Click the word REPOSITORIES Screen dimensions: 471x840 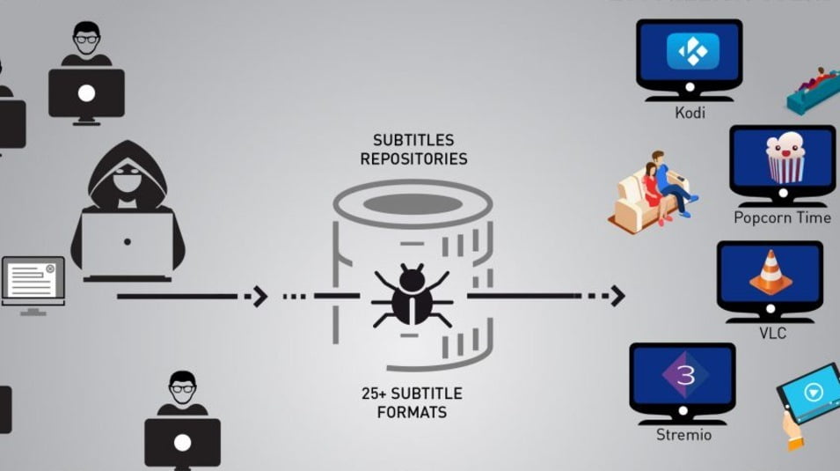pyautogui.click(x=413, y=159)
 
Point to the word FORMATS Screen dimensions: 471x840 pyautogui.click(x=413, y=412)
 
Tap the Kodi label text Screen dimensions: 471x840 pyautogui.click(x=690, y=113)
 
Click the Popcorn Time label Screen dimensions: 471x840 pyautogui.click(x=782, y=217)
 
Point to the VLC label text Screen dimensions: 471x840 pyautogui.click(x=772, y=334)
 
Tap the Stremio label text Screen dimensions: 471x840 pyautogui.click(x=683, y=435)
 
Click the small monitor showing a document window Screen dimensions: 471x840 pyautogui.click(x=33, y=282)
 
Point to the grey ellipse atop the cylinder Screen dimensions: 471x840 pyautogui.click(x=413, y=204)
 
